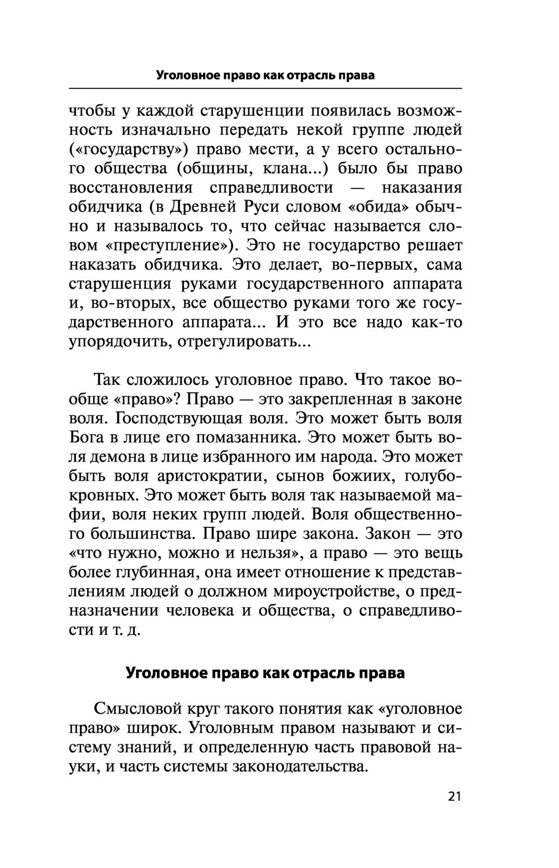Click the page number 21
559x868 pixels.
click(x=454, y=796)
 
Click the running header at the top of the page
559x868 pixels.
click(x=265, y=75)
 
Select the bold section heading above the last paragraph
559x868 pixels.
click(x=265, y=672)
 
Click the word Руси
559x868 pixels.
click(x=261, y=207)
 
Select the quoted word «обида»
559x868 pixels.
click(x=378, y=207)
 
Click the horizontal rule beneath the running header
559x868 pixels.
click(x=265, y=89)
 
